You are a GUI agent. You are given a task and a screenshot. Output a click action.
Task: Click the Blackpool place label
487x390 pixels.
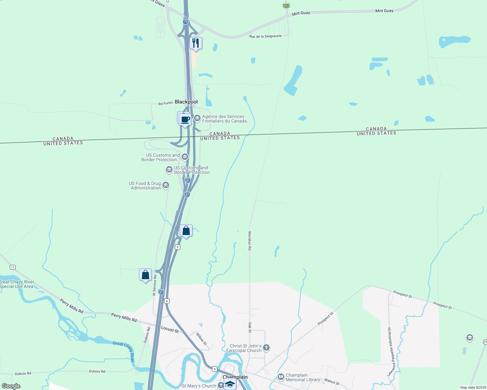click(186, 102)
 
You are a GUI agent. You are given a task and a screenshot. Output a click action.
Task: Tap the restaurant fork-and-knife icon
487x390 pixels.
click(196, 43)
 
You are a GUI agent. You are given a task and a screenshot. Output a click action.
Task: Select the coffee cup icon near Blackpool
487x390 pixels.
click(185, 119)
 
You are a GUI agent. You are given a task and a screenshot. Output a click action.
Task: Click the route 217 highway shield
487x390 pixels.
click(286, 6)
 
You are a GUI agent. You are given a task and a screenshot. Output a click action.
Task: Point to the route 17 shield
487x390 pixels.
click(13, 267)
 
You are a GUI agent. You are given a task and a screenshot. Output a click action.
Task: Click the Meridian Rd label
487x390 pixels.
click(250, 240)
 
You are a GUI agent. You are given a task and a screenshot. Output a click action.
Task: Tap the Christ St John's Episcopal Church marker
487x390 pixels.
click(266, 348)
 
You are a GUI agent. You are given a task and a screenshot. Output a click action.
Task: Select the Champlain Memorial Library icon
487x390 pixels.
click(281, 377)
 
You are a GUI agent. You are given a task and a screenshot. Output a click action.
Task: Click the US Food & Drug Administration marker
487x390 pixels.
click(166, 185)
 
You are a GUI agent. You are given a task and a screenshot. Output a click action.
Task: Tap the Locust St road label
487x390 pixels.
click(170, 329)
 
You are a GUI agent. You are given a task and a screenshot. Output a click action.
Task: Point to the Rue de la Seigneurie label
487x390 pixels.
click(265, 36)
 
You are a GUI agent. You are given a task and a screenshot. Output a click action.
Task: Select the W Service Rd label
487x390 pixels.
click(155, 285)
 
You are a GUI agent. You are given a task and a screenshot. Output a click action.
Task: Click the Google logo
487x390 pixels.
click(11, 386)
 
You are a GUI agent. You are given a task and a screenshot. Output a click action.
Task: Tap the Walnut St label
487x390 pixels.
click(332, 382)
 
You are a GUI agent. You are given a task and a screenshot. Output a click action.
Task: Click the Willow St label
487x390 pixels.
click(201, 339)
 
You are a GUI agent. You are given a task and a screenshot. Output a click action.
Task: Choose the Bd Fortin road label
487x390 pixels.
click(165, 103)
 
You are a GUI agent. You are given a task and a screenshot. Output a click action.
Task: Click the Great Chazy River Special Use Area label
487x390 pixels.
click(17, 284)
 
